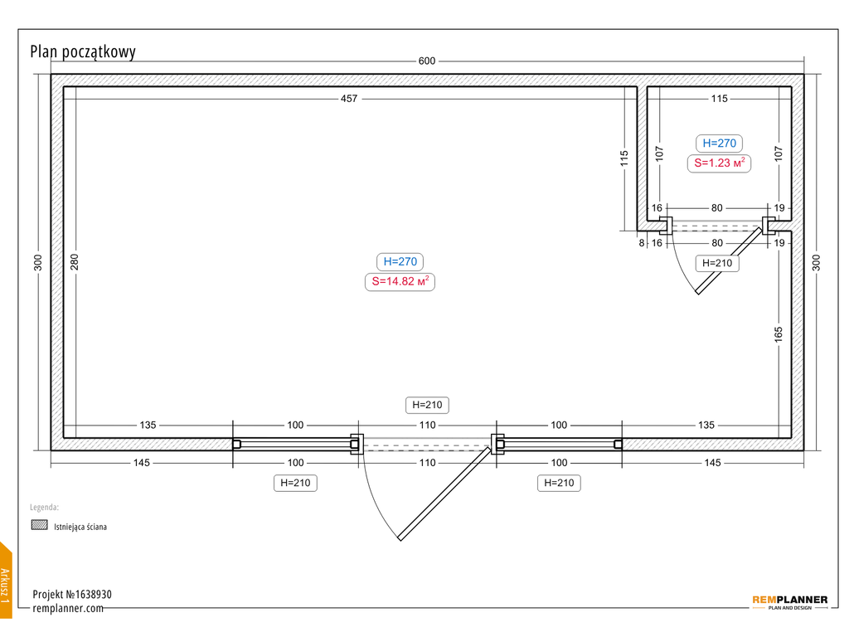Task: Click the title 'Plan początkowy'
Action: (83, 52)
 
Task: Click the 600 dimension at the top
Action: (427, 61)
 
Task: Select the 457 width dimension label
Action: (349, 99)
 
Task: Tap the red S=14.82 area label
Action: (400, 282)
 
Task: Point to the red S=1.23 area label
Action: (719, 163)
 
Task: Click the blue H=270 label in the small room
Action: (719, 143)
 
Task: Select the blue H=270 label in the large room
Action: (400, 261)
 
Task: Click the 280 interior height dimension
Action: (75, 262)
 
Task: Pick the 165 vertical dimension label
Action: (779, 334)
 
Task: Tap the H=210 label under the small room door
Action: (717, 263)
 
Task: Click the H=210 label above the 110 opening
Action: (427, 405)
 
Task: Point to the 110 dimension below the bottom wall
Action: (427, 463)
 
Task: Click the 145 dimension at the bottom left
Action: (142, 463)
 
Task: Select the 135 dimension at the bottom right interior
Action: (706, 425)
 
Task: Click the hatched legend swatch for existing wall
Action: (40, 525)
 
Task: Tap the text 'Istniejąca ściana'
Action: (80, 527)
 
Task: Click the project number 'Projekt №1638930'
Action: (72, 594)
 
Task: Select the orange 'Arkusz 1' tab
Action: (6, 580)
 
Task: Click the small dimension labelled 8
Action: (642, 243)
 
